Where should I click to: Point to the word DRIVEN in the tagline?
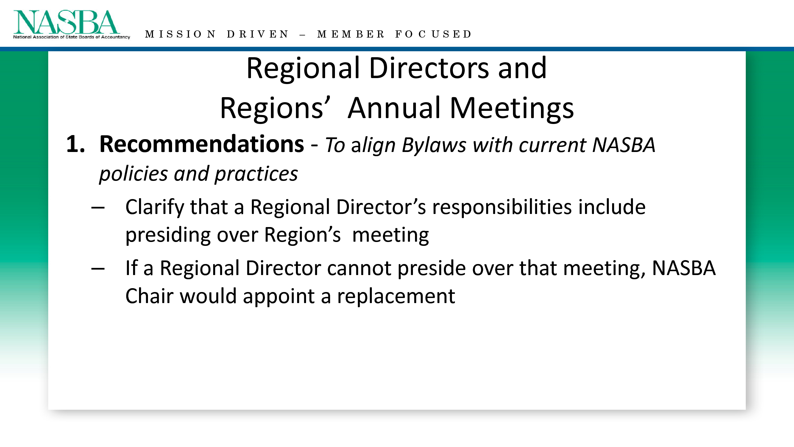[x=258, y=34]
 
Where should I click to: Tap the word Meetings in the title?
[x=512, y=108]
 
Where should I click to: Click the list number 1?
[x=75, y=144]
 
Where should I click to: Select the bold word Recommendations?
[x=202, y=144]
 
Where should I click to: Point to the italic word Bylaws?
[x=434, y=145]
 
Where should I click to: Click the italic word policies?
[x=133, y=174]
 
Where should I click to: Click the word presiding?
[x=168, y=235]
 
